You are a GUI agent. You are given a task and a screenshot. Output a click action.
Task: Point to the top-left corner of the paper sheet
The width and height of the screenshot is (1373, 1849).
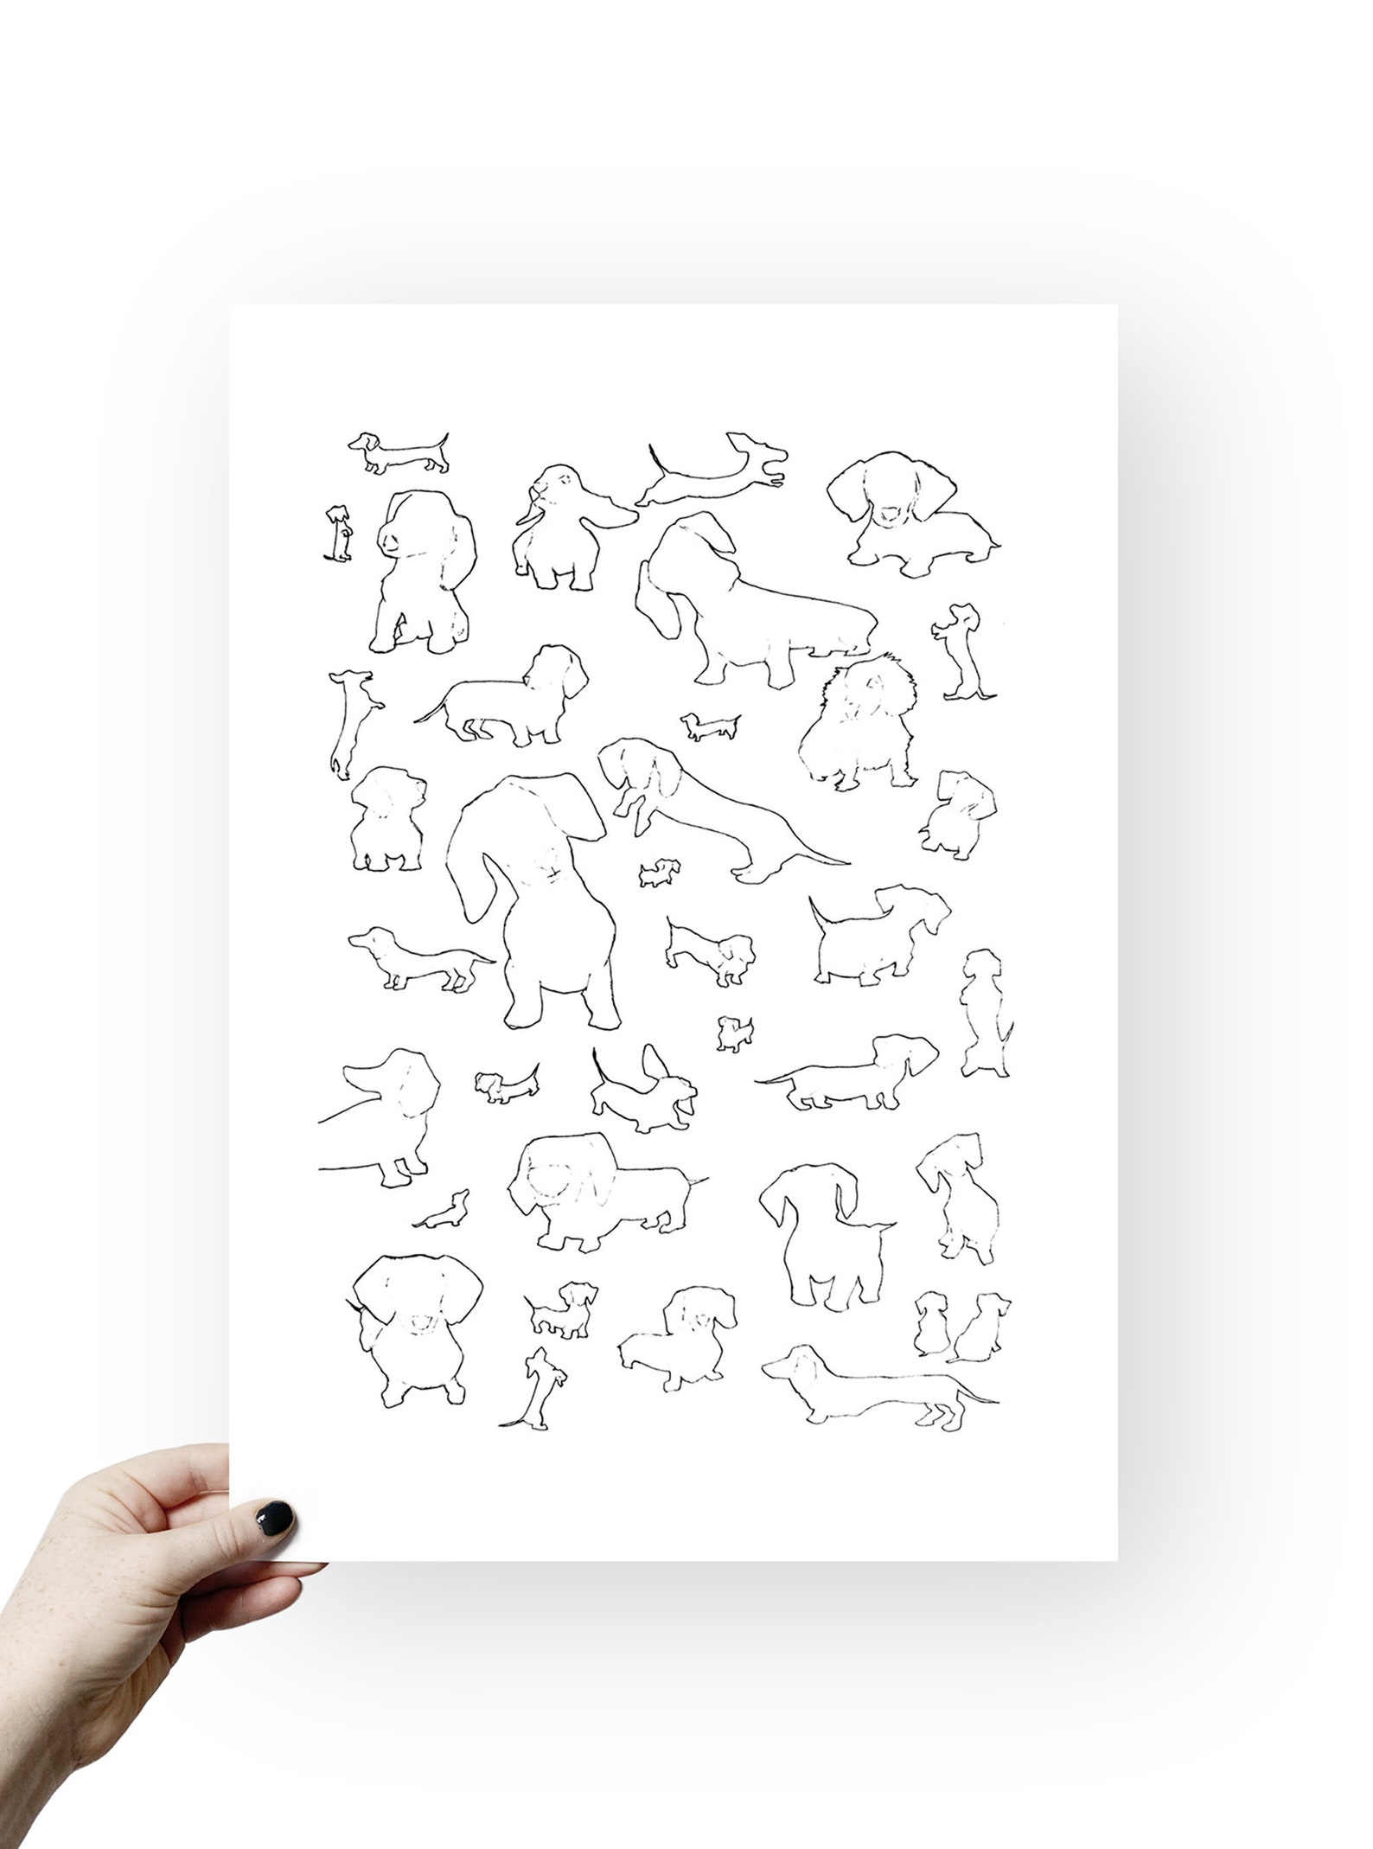232,306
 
